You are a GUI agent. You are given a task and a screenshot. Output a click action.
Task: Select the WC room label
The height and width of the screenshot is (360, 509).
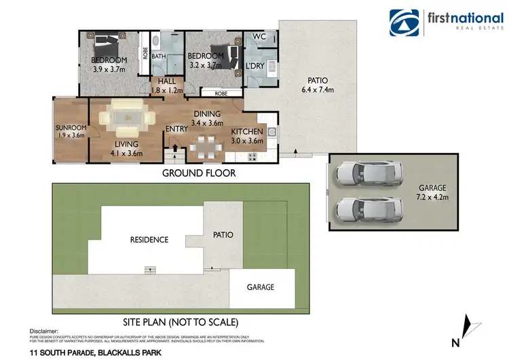tap(259, 36)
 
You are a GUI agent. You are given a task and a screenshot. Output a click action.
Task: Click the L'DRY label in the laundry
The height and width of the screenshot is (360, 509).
tap(256, 56)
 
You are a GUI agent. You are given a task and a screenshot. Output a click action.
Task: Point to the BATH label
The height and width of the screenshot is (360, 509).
tap(159, 56)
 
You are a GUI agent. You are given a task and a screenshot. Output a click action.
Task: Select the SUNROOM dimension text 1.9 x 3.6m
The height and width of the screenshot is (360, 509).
tap(70, 135)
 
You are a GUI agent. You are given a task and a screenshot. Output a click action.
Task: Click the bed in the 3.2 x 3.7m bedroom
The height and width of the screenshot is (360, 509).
tap(229, 54)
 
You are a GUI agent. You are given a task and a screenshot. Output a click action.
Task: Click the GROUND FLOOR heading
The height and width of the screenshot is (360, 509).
tap(199, 173)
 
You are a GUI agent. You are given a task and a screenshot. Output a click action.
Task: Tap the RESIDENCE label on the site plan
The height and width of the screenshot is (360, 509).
tap(149, 240)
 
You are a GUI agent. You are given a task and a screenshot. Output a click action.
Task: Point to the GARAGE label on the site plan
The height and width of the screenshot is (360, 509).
tap(261, 287)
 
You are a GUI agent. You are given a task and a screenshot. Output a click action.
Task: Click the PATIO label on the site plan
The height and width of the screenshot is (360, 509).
tap(223, 235)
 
